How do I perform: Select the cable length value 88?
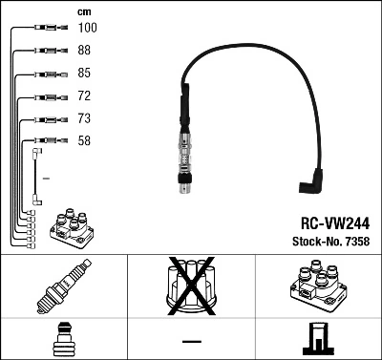(85, 52)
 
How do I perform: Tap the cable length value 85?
(85, 74)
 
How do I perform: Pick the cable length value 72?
(85, 96)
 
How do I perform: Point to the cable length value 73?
(85, 119)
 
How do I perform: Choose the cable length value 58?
(85, 141)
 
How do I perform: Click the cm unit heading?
(83, 11)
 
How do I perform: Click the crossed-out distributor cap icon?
(190, 287)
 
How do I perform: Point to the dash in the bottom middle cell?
(190, 340)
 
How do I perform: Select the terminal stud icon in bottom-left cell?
(63, 339)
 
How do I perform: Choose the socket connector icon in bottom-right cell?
(317, 339)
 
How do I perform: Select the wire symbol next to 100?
(42, 30)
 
